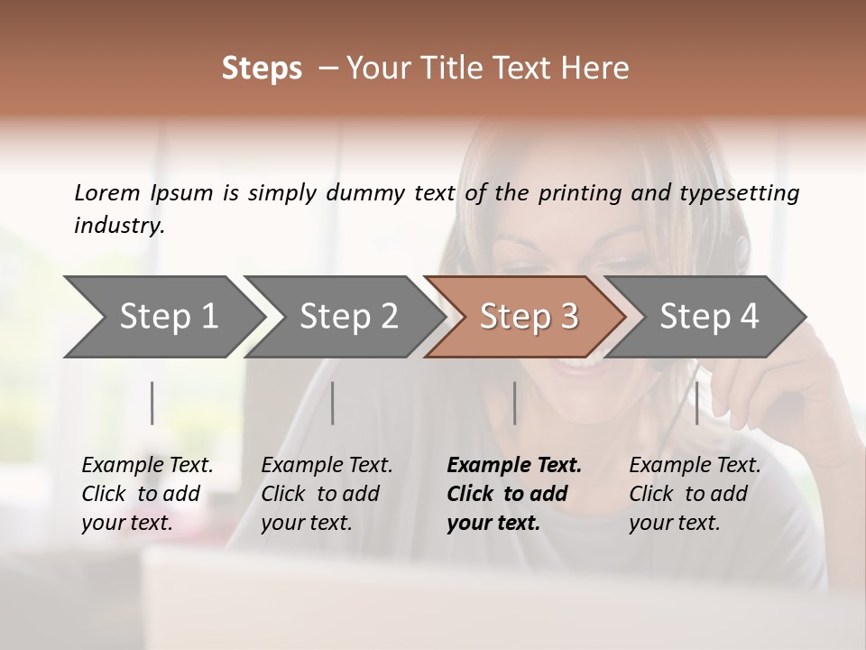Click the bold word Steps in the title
(x=262, y=69)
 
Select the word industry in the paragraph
(x=118, y=225)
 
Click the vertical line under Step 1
(x=152, y=403)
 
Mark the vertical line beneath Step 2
(x=333, y=403)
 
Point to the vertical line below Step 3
(x=514, y=403)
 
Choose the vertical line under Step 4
(x=696, y=403)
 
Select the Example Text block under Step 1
(x=147, y=494)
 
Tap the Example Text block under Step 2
(x=327, y=494)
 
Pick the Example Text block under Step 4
(x=695, y=494)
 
